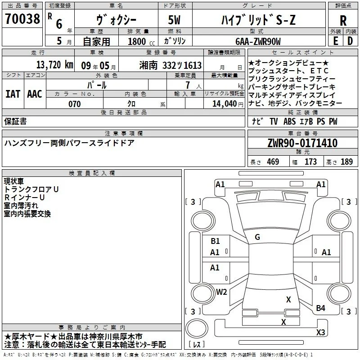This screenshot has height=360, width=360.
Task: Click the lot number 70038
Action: click(x=22, y=19)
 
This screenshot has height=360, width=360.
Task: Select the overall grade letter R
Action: click(x=343, y=21)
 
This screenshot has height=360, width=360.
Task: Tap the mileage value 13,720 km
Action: click(x=54, y=65)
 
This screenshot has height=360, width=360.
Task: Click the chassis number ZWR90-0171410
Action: click(x=302, y=143)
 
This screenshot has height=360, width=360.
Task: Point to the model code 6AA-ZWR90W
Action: click(x=258, y=41)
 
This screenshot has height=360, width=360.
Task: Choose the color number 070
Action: click(x=75, y=104)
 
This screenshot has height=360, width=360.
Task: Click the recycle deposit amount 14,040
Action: click(x=225, y=104)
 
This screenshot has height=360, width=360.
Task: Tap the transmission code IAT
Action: click(x=13, y=94)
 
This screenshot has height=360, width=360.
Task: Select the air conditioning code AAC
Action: click(x=35, y=94)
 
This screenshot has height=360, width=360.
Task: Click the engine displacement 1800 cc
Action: click(x=141, y=41)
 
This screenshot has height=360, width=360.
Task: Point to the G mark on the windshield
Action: click(x=257, y=237)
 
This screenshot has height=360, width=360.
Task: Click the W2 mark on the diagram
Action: click(x=221, y=292)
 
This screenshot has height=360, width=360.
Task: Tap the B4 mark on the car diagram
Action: click(x=320, y=308)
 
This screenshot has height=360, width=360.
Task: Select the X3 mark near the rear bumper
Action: click(x=320, y=332)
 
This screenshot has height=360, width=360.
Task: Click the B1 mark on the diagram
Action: click(x=215, y=241)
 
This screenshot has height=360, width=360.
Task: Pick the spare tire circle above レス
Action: click(x=197, y=328)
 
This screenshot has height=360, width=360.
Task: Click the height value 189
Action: click(x=346, y=162)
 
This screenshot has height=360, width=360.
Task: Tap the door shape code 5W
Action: click(x=174, y=20)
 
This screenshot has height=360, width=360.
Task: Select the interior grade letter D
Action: click(x=350, y=41)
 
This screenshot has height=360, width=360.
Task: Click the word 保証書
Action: click(x=15, y=121)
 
